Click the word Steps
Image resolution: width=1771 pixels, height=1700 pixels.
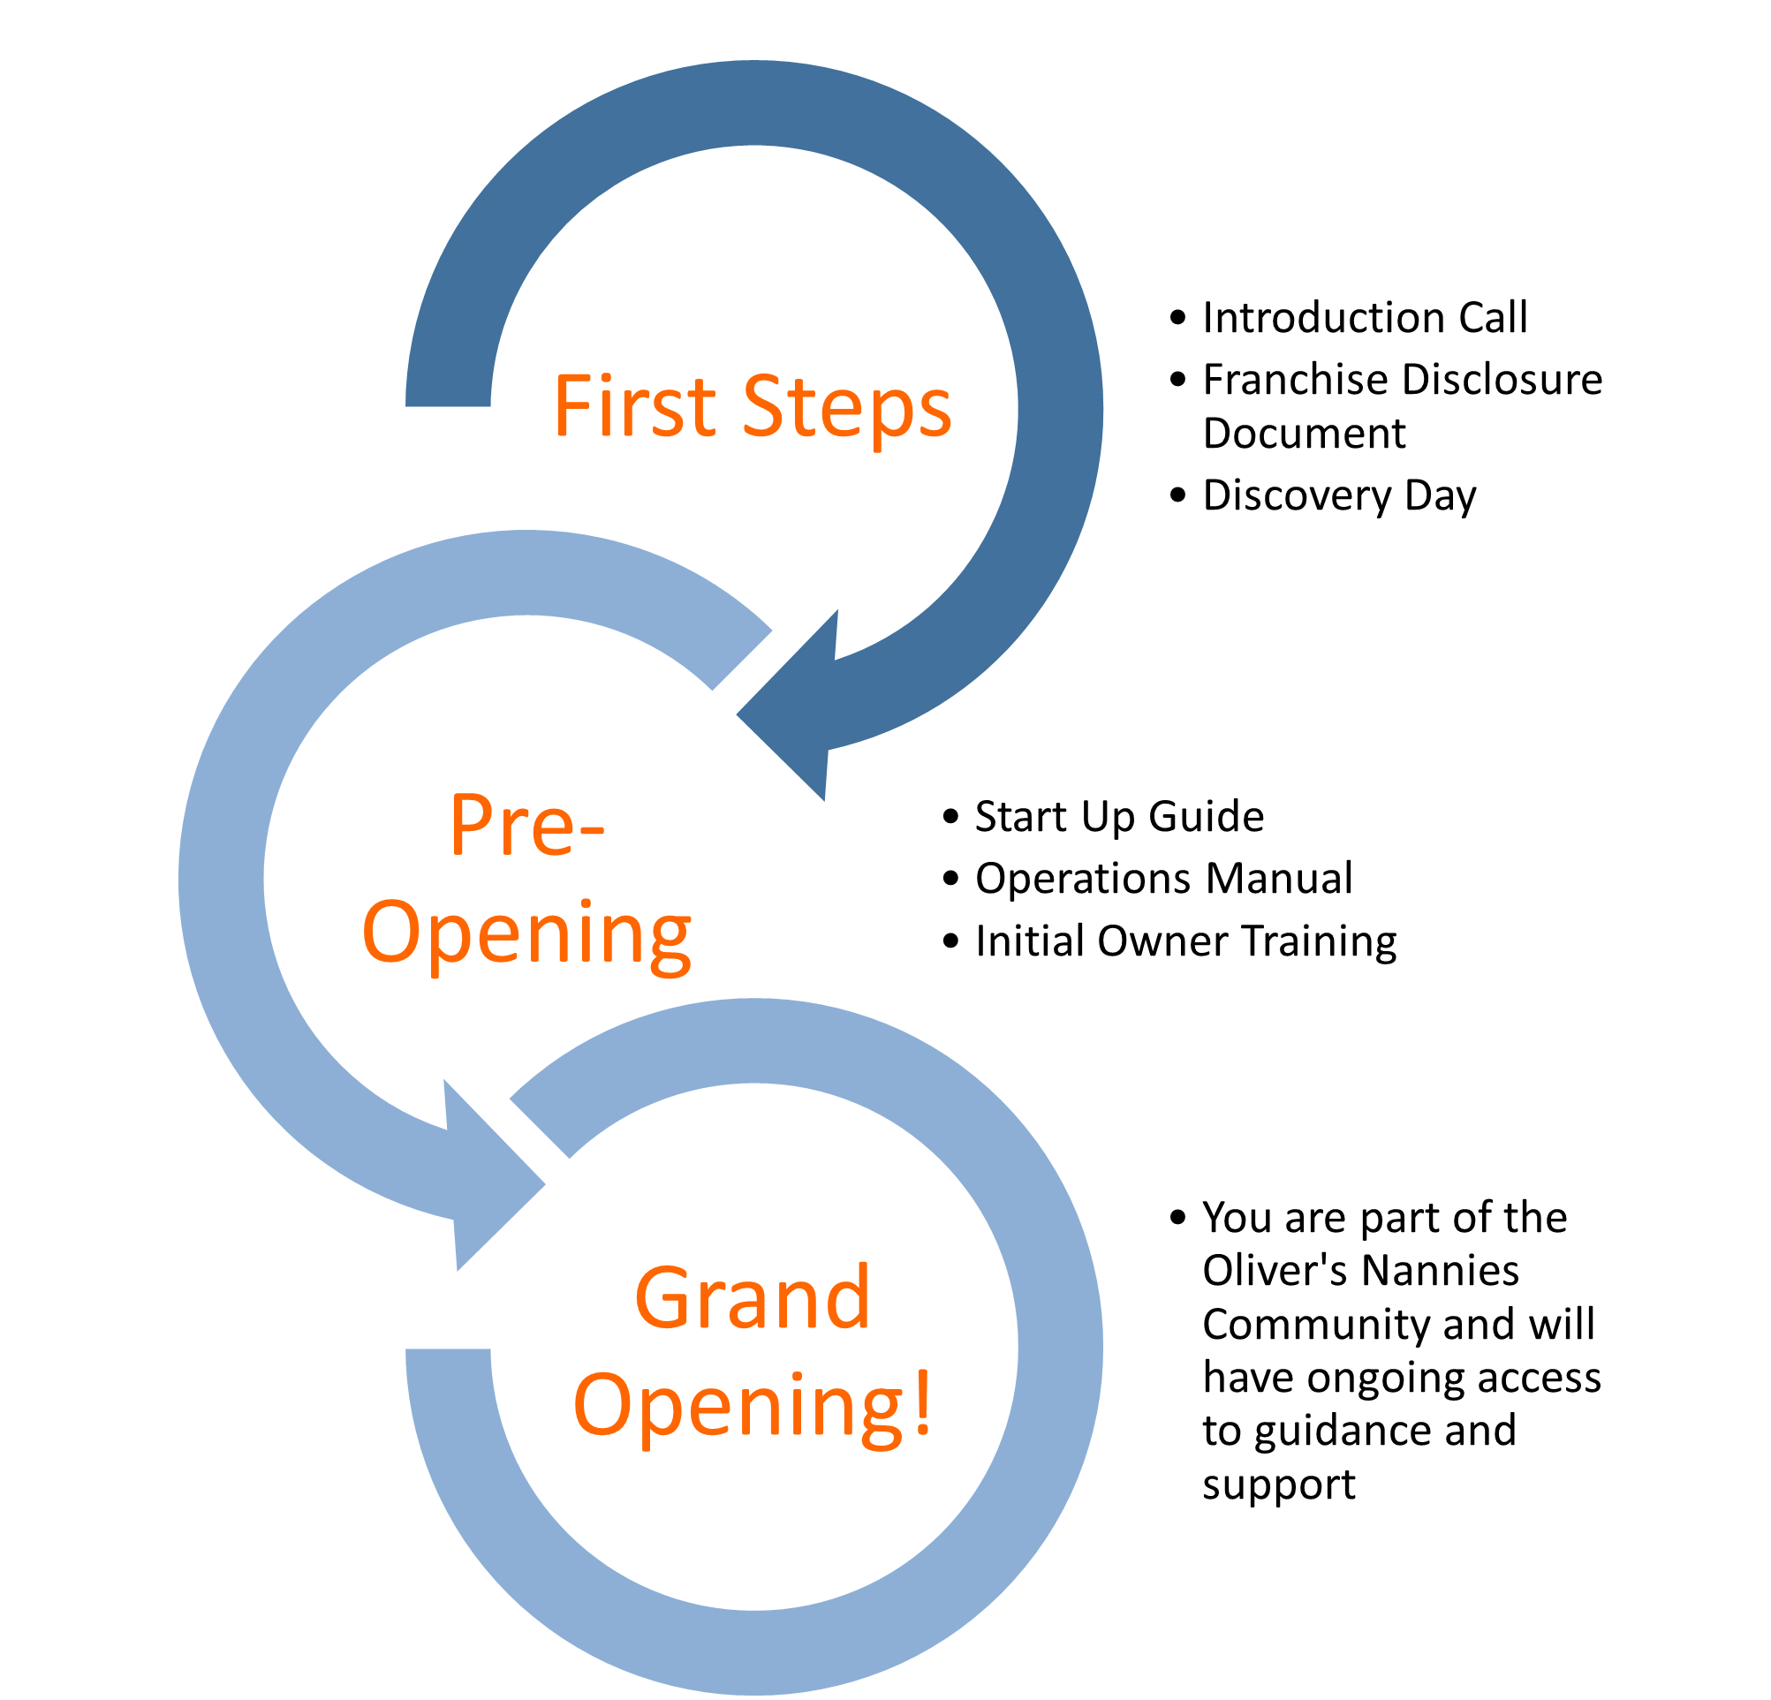847,408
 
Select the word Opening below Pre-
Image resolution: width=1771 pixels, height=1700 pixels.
526,934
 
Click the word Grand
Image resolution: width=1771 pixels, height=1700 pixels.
752,1298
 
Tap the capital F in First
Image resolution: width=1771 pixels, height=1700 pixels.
571,406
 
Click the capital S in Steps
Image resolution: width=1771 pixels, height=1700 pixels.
761,406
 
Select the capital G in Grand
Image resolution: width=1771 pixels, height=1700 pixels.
664,1298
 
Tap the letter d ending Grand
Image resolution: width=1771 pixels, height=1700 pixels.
849,1296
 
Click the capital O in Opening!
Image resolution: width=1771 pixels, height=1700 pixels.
602,1405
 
